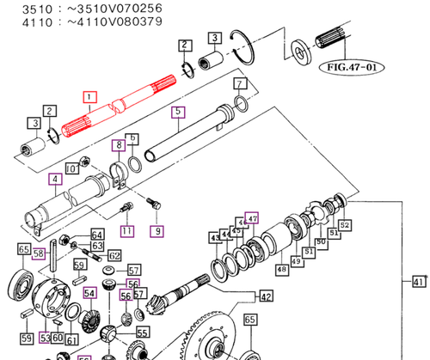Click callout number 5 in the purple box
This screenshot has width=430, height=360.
tap(177, 111)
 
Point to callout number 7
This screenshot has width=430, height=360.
tap(241, 83)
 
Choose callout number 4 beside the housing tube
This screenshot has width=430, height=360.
tap(54, 180)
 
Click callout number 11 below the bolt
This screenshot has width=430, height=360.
tap(127, 230)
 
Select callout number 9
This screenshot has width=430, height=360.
tap(157, 230)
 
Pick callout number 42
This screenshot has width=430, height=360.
tap(266, 297)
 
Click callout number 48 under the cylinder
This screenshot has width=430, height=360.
tap(281, 269)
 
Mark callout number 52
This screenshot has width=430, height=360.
tap(345, 225)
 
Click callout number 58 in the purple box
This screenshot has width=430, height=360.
tap(39, 253)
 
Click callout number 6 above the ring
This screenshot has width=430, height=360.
tap(132, 138)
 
